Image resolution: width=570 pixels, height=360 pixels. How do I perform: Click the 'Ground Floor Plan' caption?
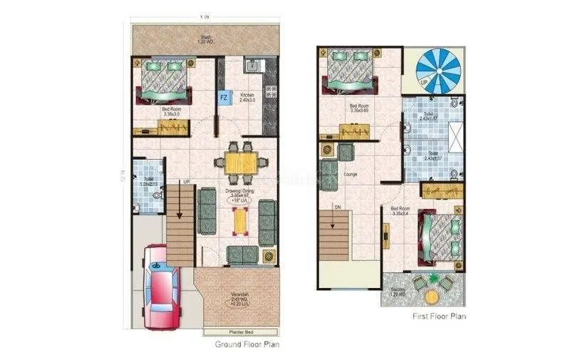pyautogui.click(x=247, y=344)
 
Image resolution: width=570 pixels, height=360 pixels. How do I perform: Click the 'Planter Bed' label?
pyautogui.click(x=239, y=332)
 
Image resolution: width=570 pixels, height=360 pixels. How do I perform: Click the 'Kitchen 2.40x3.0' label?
pyautogui.click(x=247, y=98)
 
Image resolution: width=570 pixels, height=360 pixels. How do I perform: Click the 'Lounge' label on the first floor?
pyautogui.click(x=350, y=174)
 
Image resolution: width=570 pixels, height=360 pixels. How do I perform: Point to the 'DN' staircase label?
pyautogui.click(x=338, y=206)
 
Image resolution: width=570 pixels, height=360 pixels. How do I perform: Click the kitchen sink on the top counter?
pyautogui.click(x=253, y=67)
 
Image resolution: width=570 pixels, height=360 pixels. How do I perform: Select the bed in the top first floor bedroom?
pyautogui.click(x=349, y=70)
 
